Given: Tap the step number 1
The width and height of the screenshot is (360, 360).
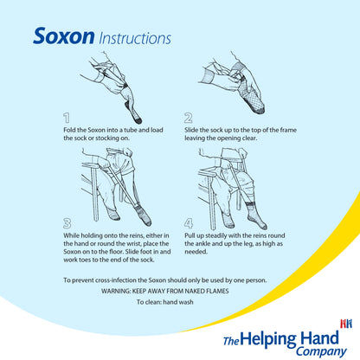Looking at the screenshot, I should point(67,117).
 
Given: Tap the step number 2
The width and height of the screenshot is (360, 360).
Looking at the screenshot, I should point(188,117).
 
